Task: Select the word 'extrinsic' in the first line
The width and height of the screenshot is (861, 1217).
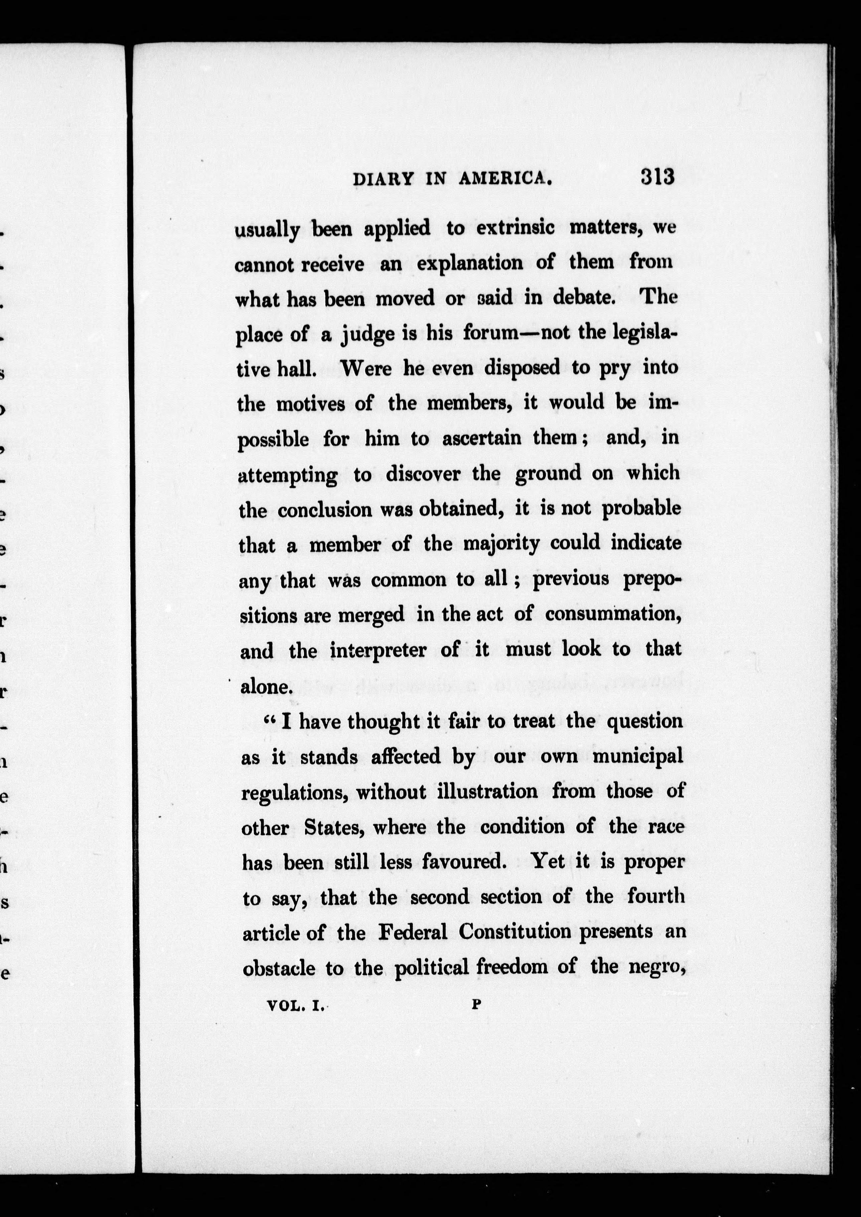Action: point(515,228)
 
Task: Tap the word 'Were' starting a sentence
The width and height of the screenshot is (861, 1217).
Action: point(365,368)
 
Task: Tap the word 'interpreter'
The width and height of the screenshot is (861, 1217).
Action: point(377,651)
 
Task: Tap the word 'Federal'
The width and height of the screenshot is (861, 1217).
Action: point(413,932)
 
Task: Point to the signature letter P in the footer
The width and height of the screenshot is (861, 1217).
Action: point(476,1003)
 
